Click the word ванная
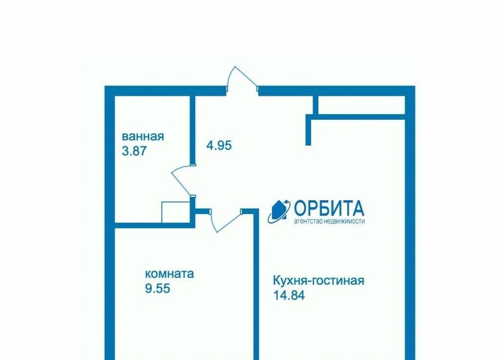tap(143, 136)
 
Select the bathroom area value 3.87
tap(134, 150)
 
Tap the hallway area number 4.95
tap(219, 146)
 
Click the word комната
tap(169, 274)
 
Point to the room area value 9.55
tap(158, 288)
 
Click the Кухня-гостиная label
tap(318, 281)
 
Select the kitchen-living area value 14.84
tap(289, 295)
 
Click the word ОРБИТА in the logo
tap(329, 208)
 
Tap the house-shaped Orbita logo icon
tap(279, 211)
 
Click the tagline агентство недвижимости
tap(329, 221)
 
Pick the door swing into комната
tap(226, 221)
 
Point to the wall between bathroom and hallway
tap(192, 130)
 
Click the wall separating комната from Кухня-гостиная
tap(256, 284)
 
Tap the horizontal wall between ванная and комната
tap(155, 226)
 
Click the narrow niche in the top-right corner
tap(362, 105)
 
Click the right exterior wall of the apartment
tap(410, 223)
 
